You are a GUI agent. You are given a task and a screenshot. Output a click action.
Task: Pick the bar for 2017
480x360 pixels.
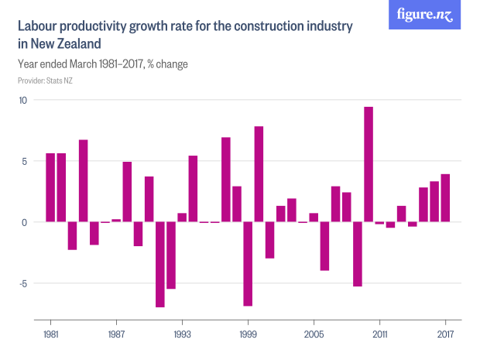[x=446, y=198]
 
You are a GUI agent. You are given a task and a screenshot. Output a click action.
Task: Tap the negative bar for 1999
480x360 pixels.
[x=248, y=264]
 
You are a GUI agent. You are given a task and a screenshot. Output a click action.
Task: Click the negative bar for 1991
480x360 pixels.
[x=160, y=264]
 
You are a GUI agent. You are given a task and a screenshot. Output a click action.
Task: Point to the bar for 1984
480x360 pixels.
[x=84, y=181]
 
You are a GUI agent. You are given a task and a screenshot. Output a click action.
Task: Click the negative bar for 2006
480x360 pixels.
[x=325, y=246]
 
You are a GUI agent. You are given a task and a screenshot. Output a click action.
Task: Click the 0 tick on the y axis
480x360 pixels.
[x=24, y=222]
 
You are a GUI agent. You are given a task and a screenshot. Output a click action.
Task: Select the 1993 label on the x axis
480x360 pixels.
[x=182, y=334]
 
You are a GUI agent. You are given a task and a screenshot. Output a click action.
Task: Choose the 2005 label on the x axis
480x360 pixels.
[x=314, y=334]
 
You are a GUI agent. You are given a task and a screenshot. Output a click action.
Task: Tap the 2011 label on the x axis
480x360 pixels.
[x=379, y=334]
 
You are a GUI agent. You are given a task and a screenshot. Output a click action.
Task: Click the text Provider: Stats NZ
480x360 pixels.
[x=45, y=80]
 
